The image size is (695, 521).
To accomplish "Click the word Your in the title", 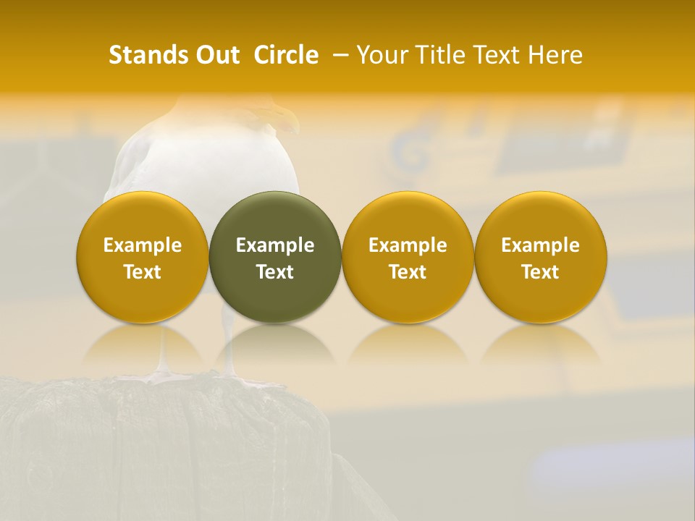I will (x=380, y=55).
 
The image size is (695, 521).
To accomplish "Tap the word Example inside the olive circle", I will (x=275, y=245).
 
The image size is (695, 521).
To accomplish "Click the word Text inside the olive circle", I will (x=275, y=272).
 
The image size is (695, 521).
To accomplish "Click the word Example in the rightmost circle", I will (x=541, y=245).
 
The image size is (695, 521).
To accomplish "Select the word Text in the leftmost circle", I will (x=143, y=272).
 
